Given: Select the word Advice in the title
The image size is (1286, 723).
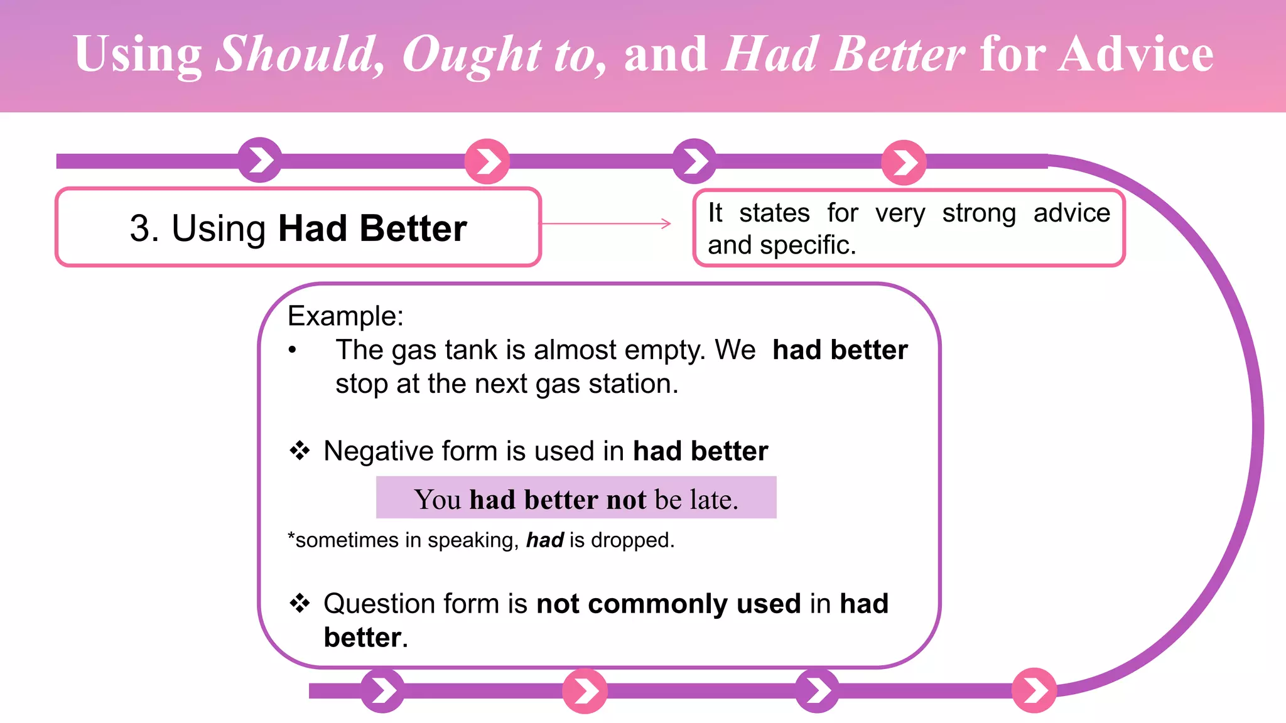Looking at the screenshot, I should point(1135,55).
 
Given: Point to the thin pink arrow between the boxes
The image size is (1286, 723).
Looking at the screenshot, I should point(607,223).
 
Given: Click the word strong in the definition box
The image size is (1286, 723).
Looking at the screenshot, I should point(978,213).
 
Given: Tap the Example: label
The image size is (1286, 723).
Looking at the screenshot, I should point(345,316).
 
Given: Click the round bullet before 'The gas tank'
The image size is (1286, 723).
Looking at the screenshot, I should point(292,350).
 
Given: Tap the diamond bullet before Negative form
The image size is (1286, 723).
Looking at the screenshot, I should point(300,451).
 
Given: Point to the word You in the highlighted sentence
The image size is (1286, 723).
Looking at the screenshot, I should point(438,500).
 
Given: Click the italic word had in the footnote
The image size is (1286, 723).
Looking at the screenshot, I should point(544,540).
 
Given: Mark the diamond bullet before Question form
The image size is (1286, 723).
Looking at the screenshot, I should point(300,603).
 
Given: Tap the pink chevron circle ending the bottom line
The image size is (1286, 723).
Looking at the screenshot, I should point(1034,690).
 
